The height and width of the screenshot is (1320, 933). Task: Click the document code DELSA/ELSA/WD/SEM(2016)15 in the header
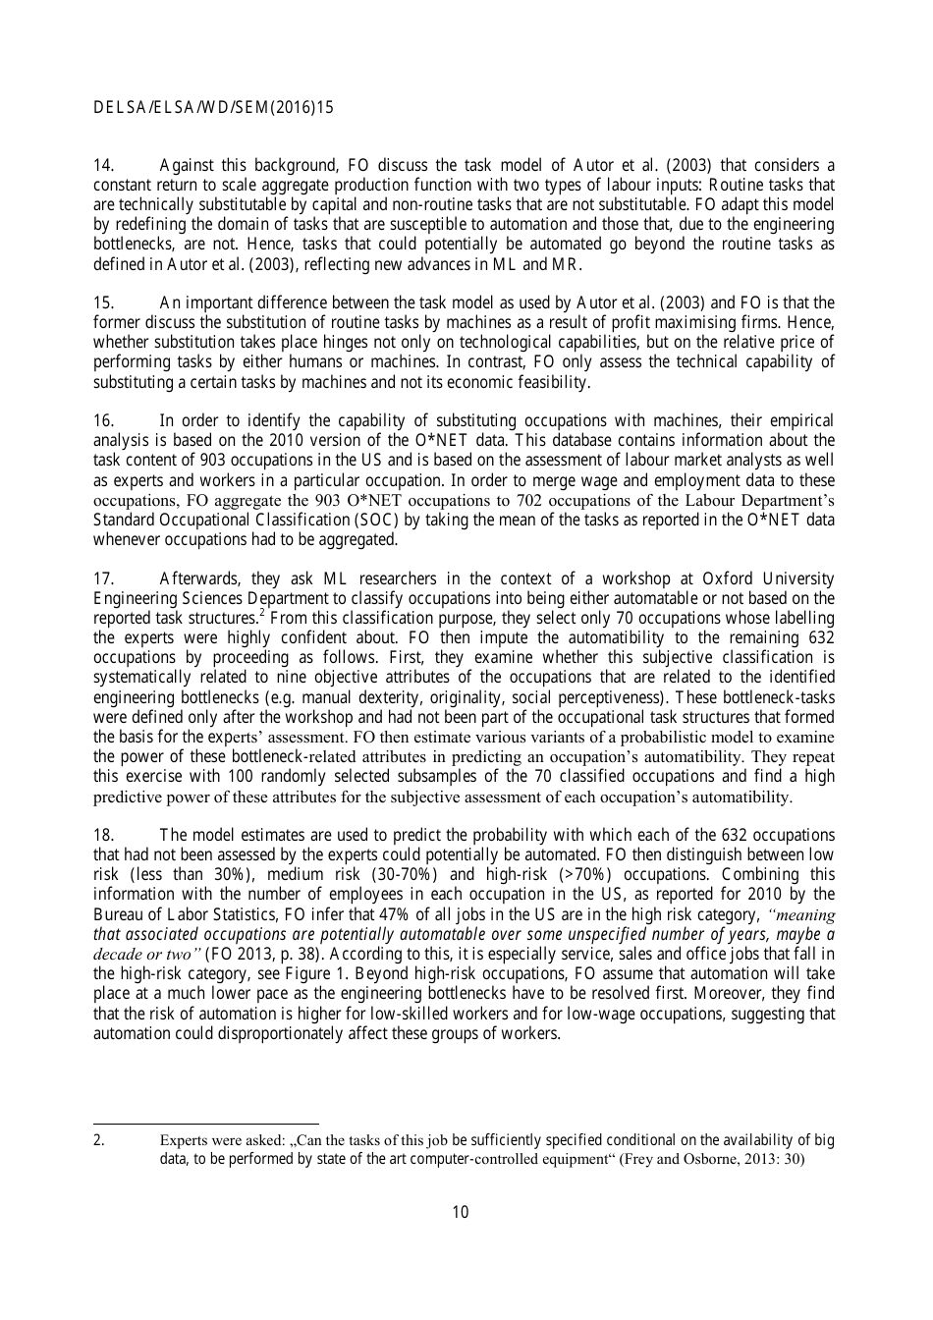click(x=213, y=108)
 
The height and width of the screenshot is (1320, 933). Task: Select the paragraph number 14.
click(x=103, y=165)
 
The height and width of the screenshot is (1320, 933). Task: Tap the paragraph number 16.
click(x=103, y=421)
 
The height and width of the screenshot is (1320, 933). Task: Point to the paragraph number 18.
click(x=103, y=836)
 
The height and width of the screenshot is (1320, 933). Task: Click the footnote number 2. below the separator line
click(x=98, y=1140)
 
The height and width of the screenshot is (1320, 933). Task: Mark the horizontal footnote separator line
click(x=205, y=1124)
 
